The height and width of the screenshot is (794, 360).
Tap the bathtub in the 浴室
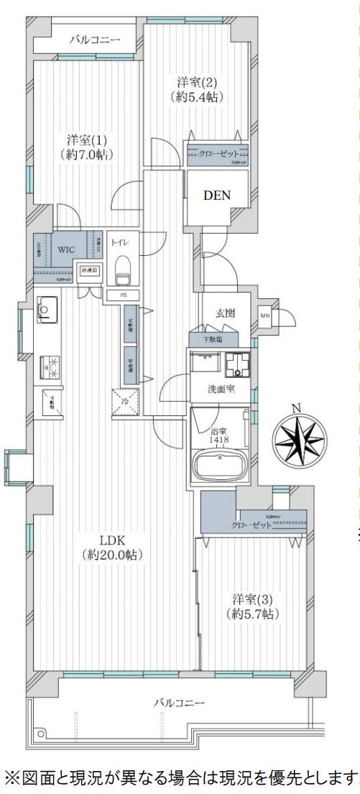click(220, 466)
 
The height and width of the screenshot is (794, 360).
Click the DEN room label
click(216, 194)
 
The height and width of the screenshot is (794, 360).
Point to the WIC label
click(67, 249)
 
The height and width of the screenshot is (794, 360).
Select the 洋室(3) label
click(251, 599)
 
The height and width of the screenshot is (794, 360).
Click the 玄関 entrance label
click(226, 313)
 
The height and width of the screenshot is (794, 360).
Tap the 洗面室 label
click(219, 390)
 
